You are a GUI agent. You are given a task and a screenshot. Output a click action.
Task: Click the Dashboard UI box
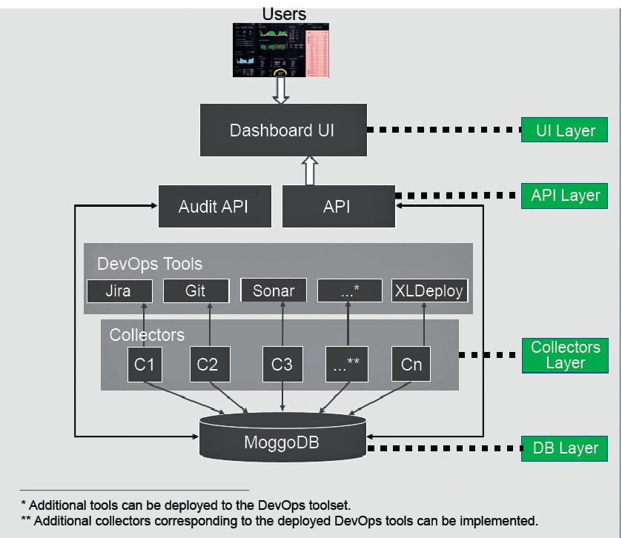click(282, 130)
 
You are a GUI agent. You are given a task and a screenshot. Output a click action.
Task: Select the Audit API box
click(214, 206)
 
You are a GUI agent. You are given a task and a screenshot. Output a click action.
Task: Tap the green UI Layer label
click(566, 130)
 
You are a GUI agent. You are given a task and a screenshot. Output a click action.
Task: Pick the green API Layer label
click(566, 196)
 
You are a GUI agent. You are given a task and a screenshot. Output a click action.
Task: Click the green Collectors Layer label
click(566, 355)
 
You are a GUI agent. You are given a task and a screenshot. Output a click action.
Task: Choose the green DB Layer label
click(566, 448)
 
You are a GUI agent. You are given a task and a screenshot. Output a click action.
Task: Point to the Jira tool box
click(119, 290)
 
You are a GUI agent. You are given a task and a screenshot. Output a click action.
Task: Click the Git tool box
click(195, 290)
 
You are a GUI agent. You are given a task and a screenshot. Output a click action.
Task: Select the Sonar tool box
click(274, 290)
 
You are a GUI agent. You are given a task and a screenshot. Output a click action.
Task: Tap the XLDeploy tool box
click(428, 290)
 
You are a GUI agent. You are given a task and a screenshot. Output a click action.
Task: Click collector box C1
click(145, 364)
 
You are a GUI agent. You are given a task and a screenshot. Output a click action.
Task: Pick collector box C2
click(208, 364)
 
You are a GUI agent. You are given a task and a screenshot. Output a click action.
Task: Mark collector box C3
click(282, 364)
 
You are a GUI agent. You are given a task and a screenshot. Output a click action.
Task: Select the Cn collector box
click(411, 364)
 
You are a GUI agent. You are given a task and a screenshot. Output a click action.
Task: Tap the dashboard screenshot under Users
click(281, 50)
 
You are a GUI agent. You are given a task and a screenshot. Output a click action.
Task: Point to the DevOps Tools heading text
click(150, 264)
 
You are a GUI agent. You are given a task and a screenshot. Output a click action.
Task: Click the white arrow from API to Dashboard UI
click(310, 170)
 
